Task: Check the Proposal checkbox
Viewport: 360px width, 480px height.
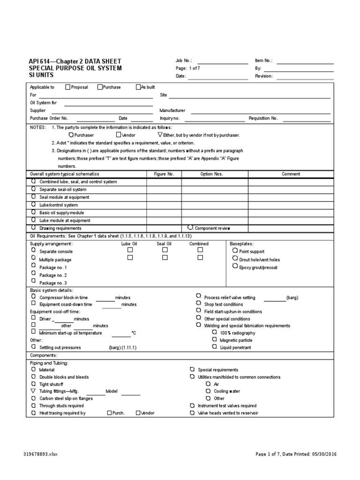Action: tap(68, 87)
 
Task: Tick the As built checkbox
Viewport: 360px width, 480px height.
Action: tap(138, 87)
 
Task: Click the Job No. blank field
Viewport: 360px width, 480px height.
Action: tap(223, 61)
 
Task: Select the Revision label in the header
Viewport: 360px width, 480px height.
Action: tap(264, 76)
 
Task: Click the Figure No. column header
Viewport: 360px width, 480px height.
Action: tap(164, 174)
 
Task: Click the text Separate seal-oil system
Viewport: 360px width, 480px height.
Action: tap(63, 189)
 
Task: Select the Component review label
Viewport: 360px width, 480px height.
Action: tap(212, 228)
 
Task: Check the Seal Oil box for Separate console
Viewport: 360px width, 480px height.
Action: tap(165, 250)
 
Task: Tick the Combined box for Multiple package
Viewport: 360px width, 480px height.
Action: tap(200, 258)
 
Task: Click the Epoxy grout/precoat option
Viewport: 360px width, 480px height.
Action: tap(258, 267)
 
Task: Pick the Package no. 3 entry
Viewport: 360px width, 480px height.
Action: tap(53, 283)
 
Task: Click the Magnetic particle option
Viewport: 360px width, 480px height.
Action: tap(236, 340)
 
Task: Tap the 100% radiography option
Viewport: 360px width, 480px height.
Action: tap(238, 332)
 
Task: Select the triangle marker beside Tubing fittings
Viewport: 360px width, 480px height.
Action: tap(33, 391)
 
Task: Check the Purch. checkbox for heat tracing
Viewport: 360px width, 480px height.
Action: tap(109, 413)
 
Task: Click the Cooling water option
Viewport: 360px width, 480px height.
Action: tap(227, 391)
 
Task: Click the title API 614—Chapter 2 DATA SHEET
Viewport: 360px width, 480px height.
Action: tap(75, 61)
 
